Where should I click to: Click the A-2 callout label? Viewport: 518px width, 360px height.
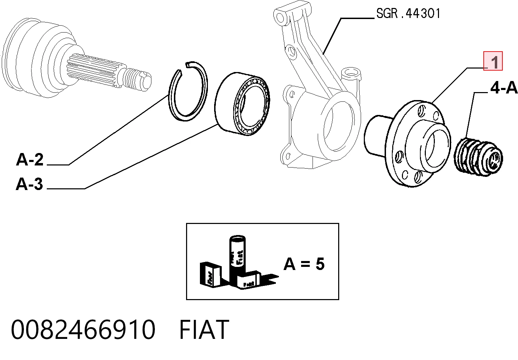click(29, 160)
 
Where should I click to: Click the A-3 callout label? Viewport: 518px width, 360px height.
click(29, 184)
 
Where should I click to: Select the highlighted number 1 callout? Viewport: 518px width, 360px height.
click(493, 61)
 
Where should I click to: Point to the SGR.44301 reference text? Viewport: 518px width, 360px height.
click(409, 13)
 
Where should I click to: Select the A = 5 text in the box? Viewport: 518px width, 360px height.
click(304, 264)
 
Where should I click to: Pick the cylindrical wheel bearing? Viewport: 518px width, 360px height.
click(242, 103)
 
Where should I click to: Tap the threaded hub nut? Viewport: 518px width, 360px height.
click(478, 157)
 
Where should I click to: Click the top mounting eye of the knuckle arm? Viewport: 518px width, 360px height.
click(281, 16)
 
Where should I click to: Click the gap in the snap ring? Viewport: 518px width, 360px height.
click(184, 69)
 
